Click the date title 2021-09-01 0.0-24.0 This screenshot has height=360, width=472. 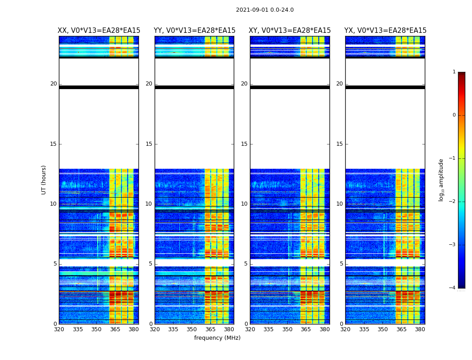pyautogui.click(x=265, y=10)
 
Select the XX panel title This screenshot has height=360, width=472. pyautogui.click(x=99, y=31)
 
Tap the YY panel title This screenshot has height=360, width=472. pyautogui.click(x=194, y=31)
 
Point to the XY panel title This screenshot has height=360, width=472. pyautogui.click(x=290, y=31)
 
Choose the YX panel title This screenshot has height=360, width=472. pyautogui.click(x=385, y=31)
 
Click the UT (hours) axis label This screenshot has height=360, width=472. pyautogui.click(x=44, y=180)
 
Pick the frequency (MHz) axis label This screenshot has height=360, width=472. pyautogui.click(x=217, y=338)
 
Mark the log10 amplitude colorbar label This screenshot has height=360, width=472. pyautogui.click(x=441, y=180)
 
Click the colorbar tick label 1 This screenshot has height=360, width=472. pyautogui.click(x=454, y=72)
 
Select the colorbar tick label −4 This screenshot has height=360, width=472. pyautogui.click(x=453, y=288)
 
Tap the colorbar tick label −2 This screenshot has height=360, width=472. pyautogui.click(x=453, y=202)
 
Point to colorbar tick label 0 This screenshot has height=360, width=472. pyautogui.click(x=454, y=115)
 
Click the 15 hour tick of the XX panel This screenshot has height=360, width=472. pyautogui.click(x=53, y=144)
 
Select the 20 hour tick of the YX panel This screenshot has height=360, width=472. pyautogui.click(x=340, y=84)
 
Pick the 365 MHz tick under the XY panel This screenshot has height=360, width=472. pyautogui.click(x=306, y=329)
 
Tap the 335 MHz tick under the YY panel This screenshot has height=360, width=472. pyautogui.click(x=173, y=329)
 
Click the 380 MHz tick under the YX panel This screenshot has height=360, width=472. pyautogui.click(x=420, y=329)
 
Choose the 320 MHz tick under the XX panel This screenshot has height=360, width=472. pyautogui.click(x=59, y=329)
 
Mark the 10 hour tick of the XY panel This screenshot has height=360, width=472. pyautogui.click(x=245, y=204)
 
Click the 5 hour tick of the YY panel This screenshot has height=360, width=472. pyautogui.click(x=151, y=264)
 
